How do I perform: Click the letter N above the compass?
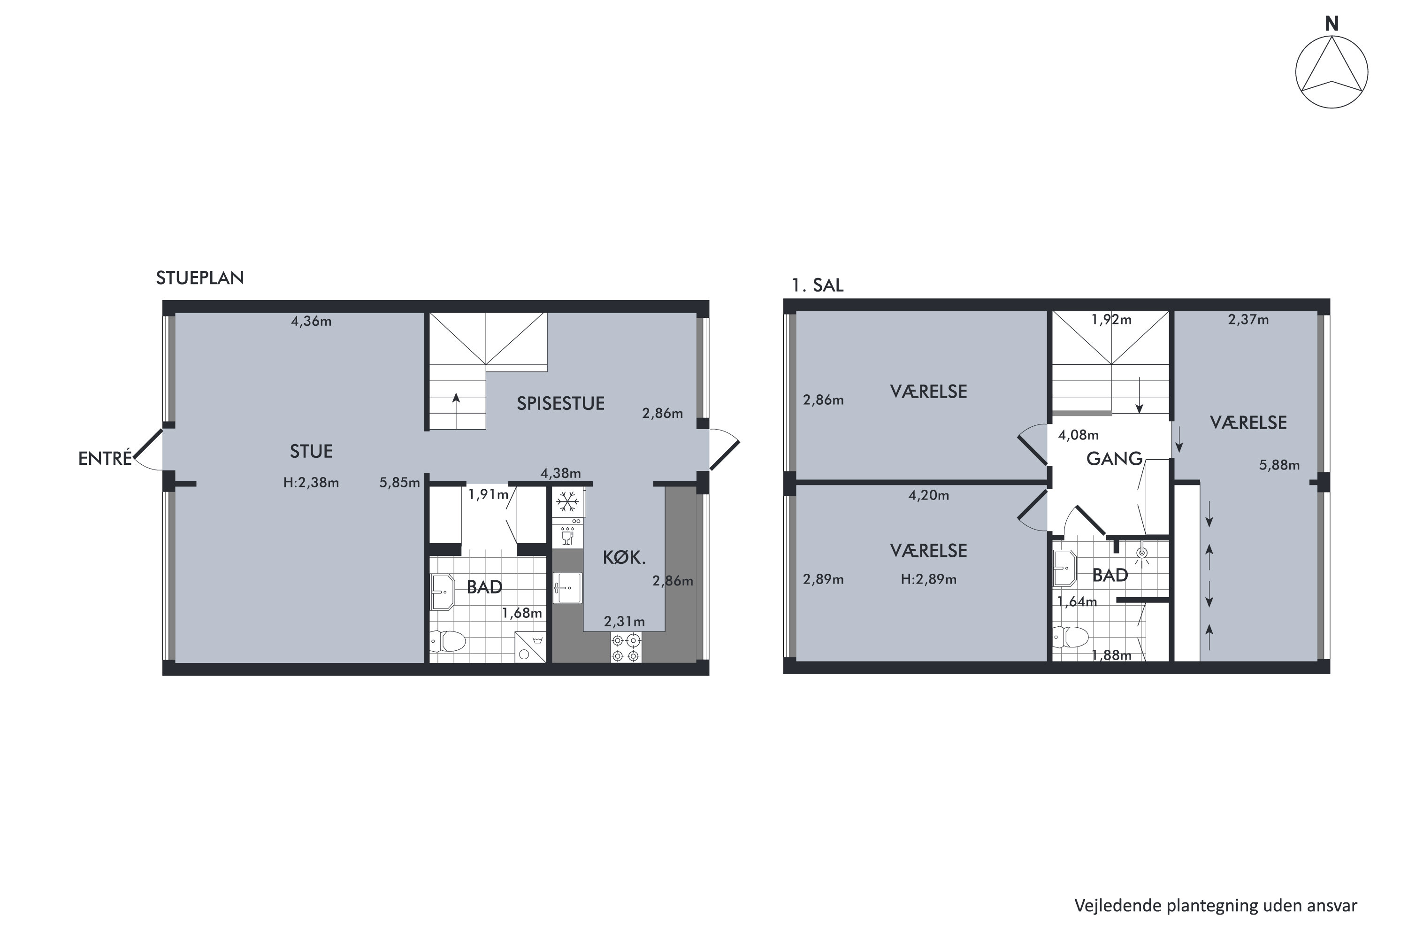(x=1331, y=24)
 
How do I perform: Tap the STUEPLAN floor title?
(x=200, y=278)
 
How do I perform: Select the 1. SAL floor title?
(x=817, y=285)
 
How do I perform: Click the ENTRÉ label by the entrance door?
(x=105, y=458)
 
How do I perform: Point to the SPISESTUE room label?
(x=560, y=404)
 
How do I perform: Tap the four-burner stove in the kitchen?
(x=626, y=648)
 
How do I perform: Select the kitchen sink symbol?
(x=567, y=587)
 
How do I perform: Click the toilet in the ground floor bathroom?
(x=448, y=641)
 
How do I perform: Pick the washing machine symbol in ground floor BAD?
(x=530, y=647)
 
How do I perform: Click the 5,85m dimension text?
(x=399, y=483)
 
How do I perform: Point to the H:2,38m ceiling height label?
(x=311, y=483)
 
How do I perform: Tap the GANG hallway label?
(x=1115, y=459)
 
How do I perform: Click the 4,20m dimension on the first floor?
(x=928, y=495)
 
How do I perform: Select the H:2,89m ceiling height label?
(x=928, y=580)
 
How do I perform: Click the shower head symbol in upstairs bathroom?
(x=1141, y=554)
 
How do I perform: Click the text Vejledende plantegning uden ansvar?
(x=1216, y=906)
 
